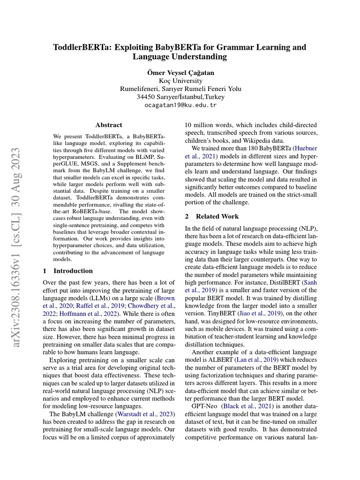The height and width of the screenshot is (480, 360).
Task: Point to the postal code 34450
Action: coord(146,97)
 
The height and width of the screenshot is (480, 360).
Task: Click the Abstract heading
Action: coord(109,125)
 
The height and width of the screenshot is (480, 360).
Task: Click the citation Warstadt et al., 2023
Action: coord(145,414)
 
